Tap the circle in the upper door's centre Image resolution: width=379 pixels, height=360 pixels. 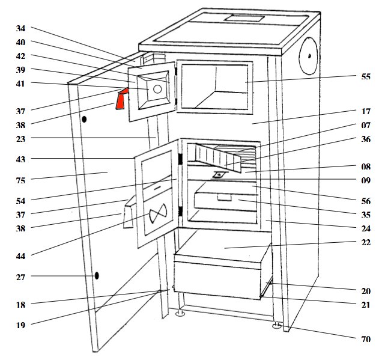point(156,89)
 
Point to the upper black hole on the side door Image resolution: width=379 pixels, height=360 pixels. point(84,120)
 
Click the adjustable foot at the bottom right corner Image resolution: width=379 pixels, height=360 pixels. point(276,326)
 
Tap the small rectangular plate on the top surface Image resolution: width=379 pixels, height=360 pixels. point(243,18)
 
